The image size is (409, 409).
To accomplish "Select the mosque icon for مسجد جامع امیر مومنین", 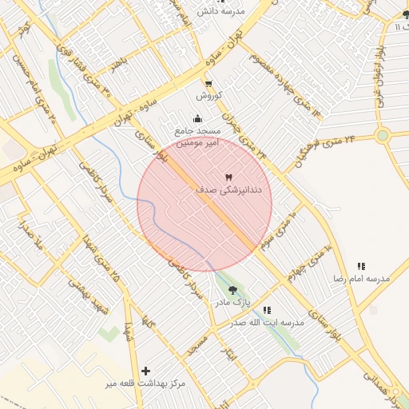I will [197, 120].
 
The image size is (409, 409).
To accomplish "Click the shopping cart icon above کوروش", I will [208, 84].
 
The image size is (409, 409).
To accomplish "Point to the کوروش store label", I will [208, 96].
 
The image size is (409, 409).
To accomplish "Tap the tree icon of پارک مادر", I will [232, 291].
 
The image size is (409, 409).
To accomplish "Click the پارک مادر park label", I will [232, 304].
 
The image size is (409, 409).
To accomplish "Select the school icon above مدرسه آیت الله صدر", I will [267, 310].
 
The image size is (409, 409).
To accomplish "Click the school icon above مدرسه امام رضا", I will [361, 266].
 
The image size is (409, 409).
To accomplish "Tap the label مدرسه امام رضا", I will [361, 278].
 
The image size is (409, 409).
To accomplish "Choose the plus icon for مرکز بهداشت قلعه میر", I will [145, 371].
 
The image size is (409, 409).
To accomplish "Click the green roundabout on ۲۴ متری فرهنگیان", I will [383, 135].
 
